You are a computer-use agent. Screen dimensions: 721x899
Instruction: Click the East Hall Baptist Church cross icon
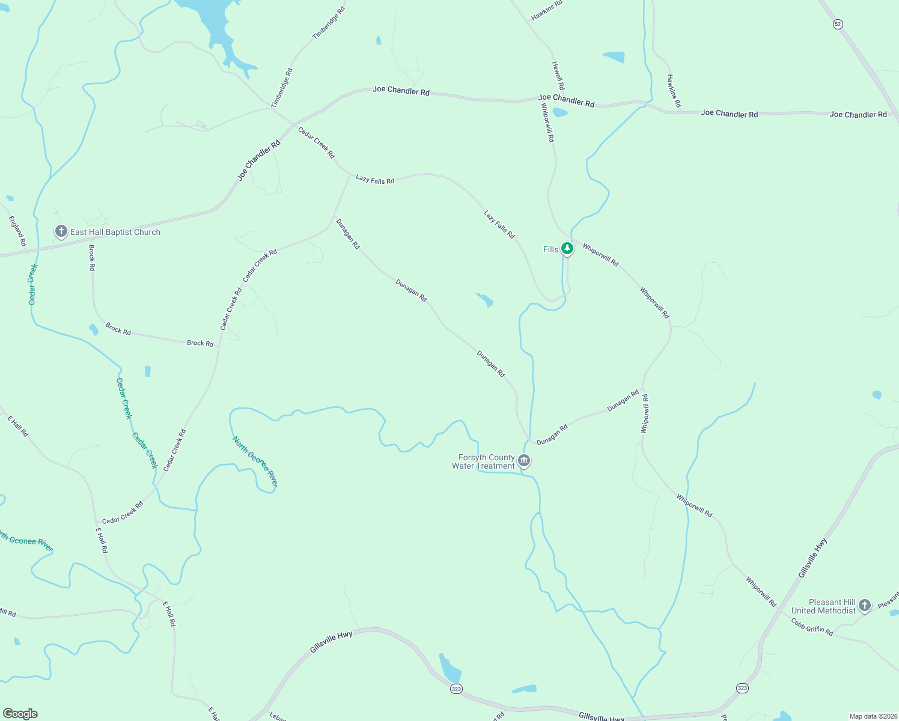(61, 231)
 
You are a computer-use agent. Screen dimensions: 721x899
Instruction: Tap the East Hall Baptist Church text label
(115, 232)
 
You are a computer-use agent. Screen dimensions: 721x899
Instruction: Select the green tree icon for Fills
(567, 248)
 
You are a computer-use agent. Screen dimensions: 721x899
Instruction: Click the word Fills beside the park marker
(550, 249)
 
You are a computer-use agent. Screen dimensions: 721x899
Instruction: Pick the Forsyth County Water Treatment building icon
(524, 461)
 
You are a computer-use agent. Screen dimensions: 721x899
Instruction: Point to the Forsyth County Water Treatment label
(484, 461)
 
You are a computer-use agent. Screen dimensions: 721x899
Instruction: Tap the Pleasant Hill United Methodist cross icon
(865, 605)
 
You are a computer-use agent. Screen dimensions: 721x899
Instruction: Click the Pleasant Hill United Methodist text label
(824, 606)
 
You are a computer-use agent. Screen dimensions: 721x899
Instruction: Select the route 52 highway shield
(838, 24)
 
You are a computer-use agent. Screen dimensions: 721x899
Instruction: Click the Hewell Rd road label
(558, 75)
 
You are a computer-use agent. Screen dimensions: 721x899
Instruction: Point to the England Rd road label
(17, 231)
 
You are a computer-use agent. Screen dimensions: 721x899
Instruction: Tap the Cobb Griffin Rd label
(812, 627)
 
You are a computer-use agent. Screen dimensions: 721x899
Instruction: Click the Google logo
(20, 714)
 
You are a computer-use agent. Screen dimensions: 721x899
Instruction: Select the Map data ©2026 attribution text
(872, 716)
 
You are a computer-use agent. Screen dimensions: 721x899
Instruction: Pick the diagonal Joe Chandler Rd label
(259, 160)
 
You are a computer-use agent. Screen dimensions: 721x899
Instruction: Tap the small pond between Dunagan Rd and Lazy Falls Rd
(486, 300)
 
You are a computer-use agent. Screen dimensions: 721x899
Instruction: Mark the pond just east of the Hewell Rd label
(614, 57)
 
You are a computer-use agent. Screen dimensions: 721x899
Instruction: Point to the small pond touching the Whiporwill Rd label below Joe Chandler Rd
(559, 112)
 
